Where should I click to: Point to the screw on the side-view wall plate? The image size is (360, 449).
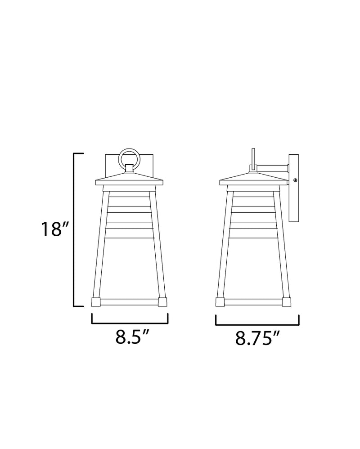[295, 180]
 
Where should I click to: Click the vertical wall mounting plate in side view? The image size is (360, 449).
[294, 188]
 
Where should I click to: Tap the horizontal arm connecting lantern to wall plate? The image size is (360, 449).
[272, 168]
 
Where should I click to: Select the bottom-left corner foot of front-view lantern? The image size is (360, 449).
[96, 302]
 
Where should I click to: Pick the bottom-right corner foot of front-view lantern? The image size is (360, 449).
[162, 302]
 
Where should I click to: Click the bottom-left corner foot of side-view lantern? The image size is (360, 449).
[220, 302]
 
